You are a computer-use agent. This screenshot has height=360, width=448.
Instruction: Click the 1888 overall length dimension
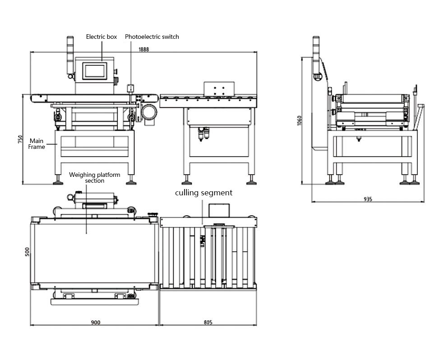[x=143, y=49]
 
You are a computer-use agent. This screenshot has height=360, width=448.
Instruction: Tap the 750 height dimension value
[x=20, y=139]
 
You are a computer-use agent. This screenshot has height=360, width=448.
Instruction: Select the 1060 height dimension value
[x=300, y=120]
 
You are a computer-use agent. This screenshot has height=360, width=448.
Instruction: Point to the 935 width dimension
[x=368, y=199]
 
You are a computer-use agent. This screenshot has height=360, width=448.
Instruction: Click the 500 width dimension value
[x=27, y=252]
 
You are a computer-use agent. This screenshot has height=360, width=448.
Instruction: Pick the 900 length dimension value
[x=95, y=322]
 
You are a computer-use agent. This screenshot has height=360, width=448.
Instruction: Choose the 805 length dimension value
[x=208, y=322]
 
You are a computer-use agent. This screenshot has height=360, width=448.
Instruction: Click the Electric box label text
[x=101, y=37]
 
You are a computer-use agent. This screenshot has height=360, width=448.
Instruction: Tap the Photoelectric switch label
[x=152, y=37]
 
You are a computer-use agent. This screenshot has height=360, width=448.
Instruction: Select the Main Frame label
[x=37, y=144]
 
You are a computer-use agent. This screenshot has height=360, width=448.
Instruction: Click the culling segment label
[x=203, y=193]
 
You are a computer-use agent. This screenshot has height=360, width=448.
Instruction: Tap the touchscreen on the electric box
[x=95, y=70]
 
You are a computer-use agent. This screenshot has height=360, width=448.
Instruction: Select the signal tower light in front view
[x=70, y=54]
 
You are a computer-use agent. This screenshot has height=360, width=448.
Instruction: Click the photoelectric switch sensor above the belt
[x=131, y=88]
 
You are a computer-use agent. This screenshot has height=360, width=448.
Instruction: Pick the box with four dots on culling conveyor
[x=220, y=89]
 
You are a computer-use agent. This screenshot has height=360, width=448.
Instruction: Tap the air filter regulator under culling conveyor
[x=204, y=134]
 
